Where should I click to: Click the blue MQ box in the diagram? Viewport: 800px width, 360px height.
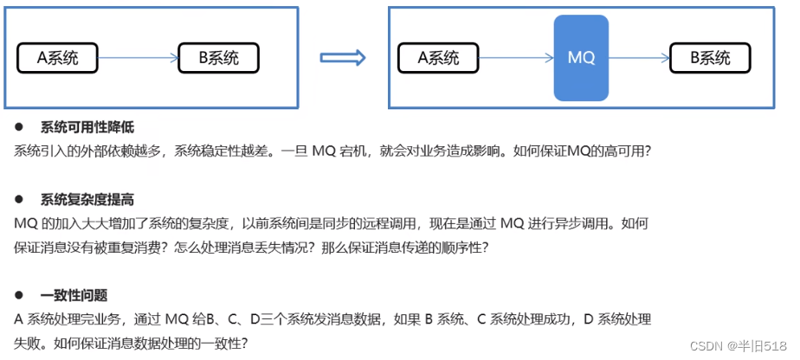point(581,57)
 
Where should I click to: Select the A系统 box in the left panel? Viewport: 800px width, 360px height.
point(58,59)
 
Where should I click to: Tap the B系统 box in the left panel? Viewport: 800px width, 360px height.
point(218,59)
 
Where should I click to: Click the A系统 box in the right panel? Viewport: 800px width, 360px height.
point(438,59)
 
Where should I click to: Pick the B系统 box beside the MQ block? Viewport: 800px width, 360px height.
point(710,59)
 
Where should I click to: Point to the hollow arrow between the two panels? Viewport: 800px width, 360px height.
point(343,59)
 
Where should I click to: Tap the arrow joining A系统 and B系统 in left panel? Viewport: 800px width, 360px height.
point(138,59)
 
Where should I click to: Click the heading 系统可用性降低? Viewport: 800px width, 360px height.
point(87,127)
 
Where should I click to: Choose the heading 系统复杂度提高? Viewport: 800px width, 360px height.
point(87,200)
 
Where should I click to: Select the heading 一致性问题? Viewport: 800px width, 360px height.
point(74,295)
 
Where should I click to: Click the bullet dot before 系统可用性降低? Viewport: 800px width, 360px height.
point(18,127)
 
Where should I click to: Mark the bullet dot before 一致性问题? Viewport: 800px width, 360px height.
point(18,295)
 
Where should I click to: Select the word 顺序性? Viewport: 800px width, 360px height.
point(471,247)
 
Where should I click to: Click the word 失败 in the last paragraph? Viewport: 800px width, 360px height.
point(29,343)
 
